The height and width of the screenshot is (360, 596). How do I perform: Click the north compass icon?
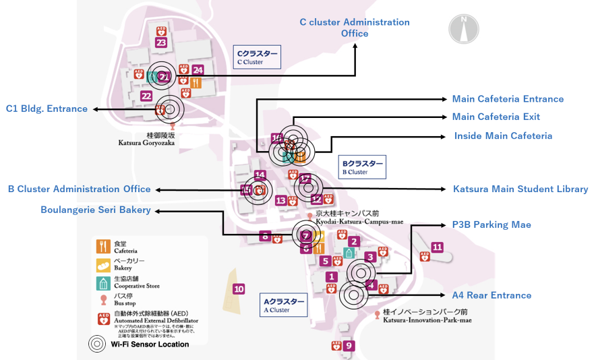[464, 28]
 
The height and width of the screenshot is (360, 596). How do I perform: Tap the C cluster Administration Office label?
[355, 28]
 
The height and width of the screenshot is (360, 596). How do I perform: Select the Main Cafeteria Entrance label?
[508, 99]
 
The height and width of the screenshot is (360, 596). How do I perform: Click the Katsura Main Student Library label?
[520, 189]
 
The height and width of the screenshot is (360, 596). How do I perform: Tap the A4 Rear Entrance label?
[491, 295]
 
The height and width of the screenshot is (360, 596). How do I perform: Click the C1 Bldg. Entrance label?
[47, 109]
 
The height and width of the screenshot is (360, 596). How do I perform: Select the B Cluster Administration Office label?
[79, 189]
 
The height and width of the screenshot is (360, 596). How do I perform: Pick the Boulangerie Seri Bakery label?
[95, 210]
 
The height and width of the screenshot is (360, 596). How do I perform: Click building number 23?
[160, 42]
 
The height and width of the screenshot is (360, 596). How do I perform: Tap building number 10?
[239, 289]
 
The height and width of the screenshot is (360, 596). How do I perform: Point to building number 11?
[438, 247]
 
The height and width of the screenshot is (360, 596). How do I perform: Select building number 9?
[349, 346]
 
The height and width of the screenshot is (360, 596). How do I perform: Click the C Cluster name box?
[256, 57]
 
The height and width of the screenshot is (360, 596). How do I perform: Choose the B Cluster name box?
[362, 167]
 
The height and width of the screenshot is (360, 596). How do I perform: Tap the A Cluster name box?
[284, 305]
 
